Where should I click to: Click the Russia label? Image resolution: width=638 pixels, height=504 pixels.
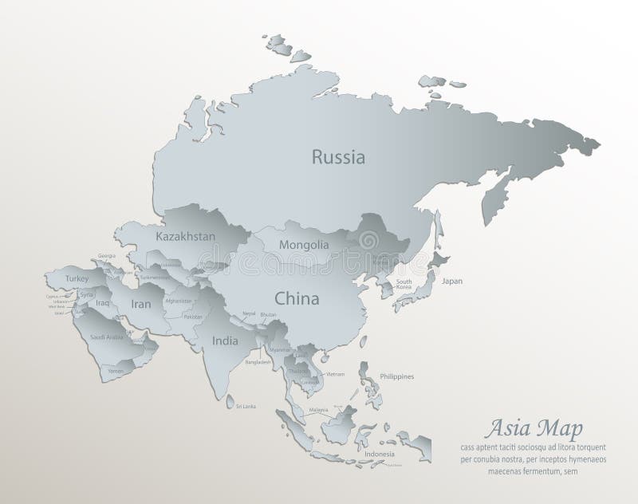338,157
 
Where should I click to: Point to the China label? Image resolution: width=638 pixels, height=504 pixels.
297,299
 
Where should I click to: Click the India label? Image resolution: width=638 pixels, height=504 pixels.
225,341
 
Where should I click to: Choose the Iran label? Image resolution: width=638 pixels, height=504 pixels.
141,304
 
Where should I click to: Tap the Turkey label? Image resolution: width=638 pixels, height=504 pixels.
77,278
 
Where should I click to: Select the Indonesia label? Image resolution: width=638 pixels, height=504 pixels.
380,455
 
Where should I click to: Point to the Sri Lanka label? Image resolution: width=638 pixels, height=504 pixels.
245,407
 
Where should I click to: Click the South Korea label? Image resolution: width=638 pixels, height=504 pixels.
404,284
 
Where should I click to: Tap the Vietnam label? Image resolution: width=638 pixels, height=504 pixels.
335,373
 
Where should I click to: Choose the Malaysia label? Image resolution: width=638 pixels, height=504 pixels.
319,409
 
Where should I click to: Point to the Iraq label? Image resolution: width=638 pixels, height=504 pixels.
102,304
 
